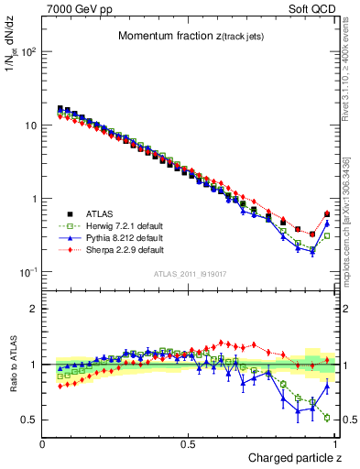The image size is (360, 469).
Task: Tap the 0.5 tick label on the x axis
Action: (189, 443)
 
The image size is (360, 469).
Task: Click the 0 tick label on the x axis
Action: (43, 443)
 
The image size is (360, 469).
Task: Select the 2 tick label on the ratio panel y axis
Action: (32, 309)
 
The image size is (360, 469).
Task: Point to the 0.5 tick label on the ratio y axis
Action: (28, 420)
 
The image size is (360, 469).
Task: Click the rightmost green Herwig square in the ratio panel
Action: (327, 418)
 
